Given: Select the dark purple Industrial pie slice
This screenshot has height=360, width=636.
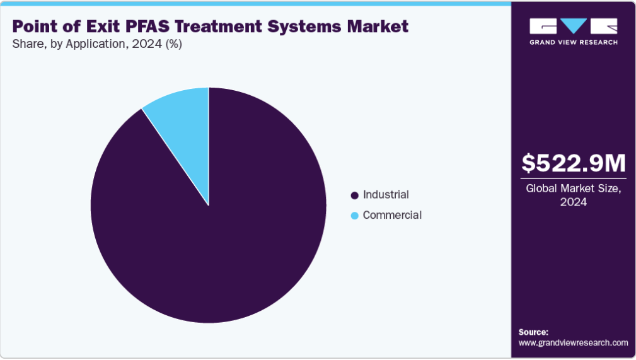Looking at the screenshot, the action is tap(219, 227).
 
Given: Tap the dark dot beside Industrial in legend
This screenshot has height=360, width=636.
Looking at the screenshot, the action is tap(354, 195).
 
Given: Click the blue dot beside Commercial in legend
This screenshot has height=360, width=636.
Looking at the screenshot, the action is tap(354, 216).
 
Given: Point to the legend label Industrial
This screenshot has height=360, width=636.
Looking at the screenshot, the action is tap(386, 195).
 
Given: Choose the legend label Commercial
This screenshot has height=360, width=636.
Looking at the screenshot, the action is tap(392, 215).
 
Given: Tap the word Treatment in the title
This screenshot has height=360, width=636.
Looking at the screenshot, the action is tap(218, 26).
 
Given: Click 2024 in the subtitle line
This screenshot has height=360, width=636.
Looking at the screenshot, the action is tap(147, 44).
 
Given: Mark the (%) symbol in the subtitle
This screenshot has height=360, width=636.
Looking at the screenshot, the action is tap(173, 44).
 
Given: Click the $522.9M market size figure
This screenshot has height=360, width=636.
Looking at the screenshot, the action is tap(574, 163).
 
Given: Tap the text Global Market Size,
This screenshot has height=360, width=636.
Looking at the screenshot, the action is tap(574, 189).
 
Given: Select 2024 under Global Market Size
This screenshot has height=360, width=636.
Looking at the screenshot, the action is tap(574, 202).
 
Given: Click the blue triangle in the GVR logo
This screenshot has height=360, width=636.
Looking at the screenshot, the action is tap(574, 25).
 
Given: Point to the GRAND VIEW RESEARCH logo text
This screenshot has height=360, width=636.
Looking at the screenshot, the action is tap(574, 42).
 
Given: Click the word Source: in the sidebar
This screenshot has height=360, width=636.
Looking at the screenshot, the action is tap(533, 332).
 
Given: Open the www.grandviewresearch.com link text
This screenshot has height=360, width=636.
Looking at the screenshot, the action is tap(573, 343).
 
